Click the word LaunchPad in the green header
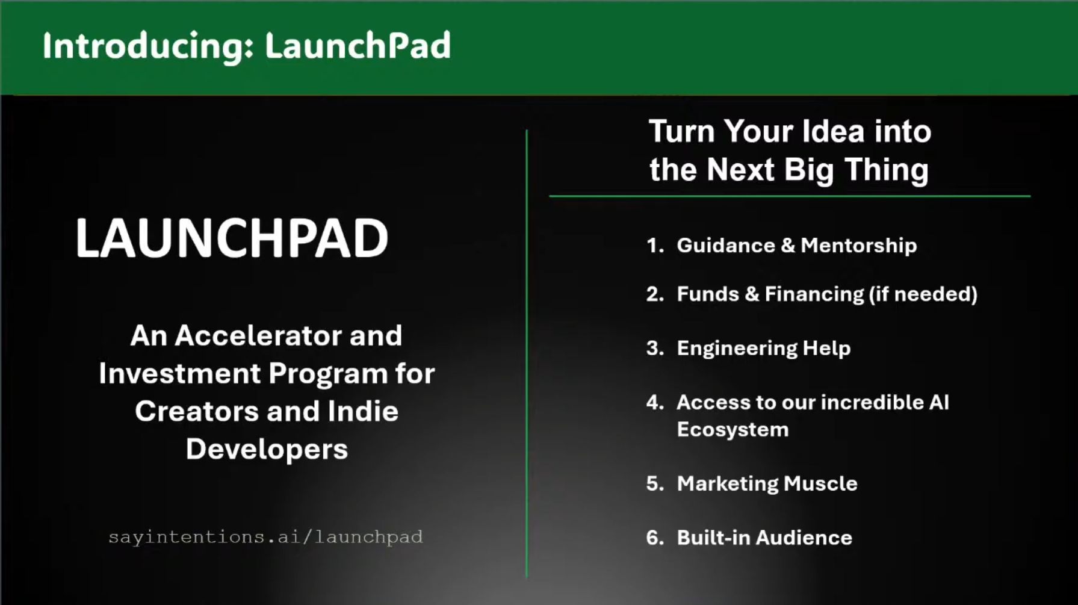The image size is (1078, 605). pos(358,45)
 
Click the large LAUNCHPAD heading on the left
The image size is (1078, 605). pos(232,238)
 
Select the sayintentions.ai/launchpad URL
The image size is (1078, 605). pos(265,537)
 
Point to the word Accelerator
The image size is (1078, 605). pos(258,335)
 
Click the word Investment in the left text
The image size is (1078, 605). pos(179,373)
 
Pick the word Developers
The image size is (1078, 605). pos(267,450)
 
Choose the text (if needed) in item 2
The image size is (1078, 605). pos(923,294)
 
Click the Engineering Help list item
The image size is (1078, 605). pos(764,349)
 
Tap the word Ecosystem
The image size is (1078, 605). pos(733,430)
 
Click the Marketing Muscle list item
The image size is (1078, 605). pos(767,484)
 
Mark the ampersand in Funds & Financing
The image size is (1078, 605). pos(752,294)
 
